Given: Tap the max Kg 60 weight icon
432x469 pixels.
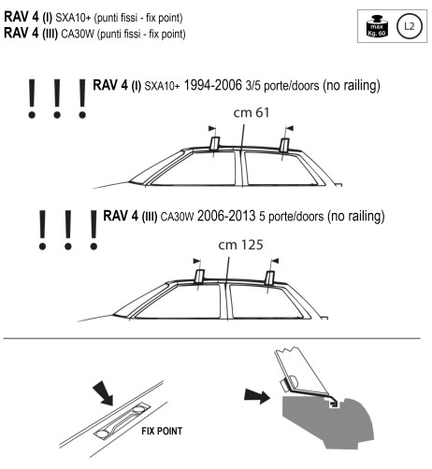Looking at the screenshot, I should coord(378,26).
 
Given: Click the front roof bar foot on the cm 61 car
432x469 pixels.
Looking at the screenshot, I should coord(214,143).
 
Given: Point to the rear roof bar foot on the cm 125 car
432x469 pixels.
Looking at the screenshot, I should coord(269,277).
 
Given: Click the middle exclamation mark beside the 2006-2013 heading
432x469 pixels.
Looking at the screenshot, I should coord(66,229).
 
